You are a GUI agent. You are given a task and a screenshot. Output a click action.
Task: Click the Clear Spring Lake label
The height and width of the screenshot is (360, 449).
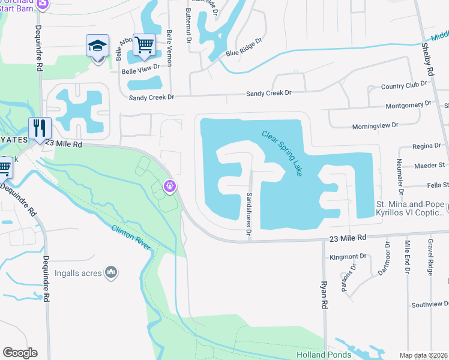(282, 153)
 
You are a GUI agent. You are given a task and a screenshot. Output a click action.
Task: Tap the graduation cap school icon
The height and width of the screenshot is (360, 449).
(97, 46)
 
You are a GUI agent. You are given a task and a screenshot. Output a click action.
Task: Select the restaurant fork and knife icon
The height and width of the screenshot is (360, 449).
(40, 128)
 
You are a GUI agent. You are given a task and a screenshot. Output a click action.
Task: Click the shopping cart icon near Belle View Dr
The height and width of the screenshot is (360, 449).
(144, 45)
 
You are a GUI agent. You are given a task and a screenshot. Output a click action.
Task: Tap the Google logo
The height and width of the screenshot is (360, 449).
(20, 353)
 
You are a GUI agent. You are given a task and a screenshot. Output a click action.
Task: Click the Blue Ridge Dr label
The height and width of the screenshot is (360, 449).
(244, 48)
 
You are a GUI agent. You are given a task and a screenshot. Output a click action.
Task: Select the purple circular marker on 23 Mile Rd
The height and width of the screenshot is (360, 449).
(170, 187)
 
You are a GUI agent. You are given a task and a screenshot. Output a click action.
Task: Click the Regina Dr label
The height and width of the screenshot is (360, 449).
(427, 146)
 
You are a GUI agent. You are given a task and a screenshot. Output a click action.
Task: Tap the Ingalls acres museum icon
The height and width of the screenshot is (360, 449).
(110, 273)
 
